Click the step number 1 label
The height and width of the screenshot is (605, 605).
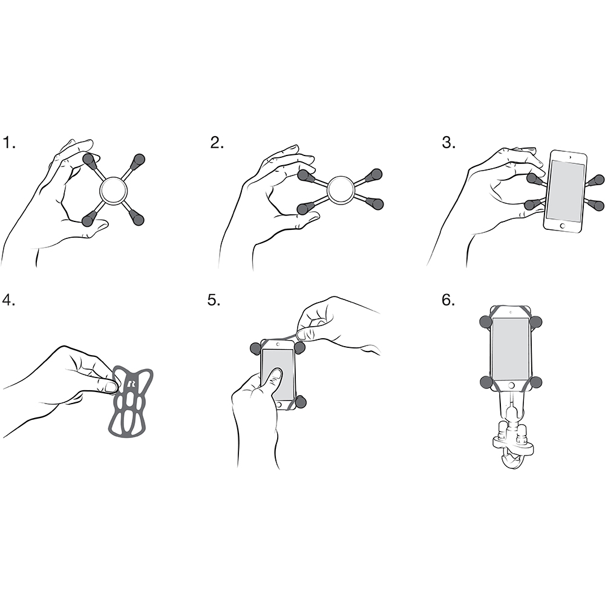[x=9, y=143]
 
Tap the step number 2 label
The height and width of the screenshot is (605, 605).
[x=217, y=143]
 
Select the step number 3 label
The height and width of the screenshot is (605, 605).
[x=448, y=143]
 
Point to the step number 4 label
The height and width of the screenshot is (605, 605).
[x=9, y=300]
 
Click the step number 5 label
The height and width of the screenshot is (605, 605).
[x=214, y=300]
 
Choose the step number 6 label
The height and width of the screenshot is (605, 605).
[x=448, y=300]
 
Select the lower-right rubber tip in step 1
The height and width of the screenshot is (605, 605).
[x=137, y=218]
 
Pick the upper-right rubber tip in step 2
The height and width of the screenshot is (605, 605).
[x=374, y=175]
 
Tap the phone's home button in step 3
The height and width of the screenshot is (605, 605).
[x=563, y=225]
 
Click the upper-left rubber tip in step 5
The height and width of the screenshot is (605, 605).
[x=255, y=348]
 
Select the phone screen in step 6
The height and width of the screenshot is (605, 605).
[x=511, y=348]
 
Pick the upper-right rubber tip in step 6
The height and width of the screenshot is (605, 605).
[x=535, y=321]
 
